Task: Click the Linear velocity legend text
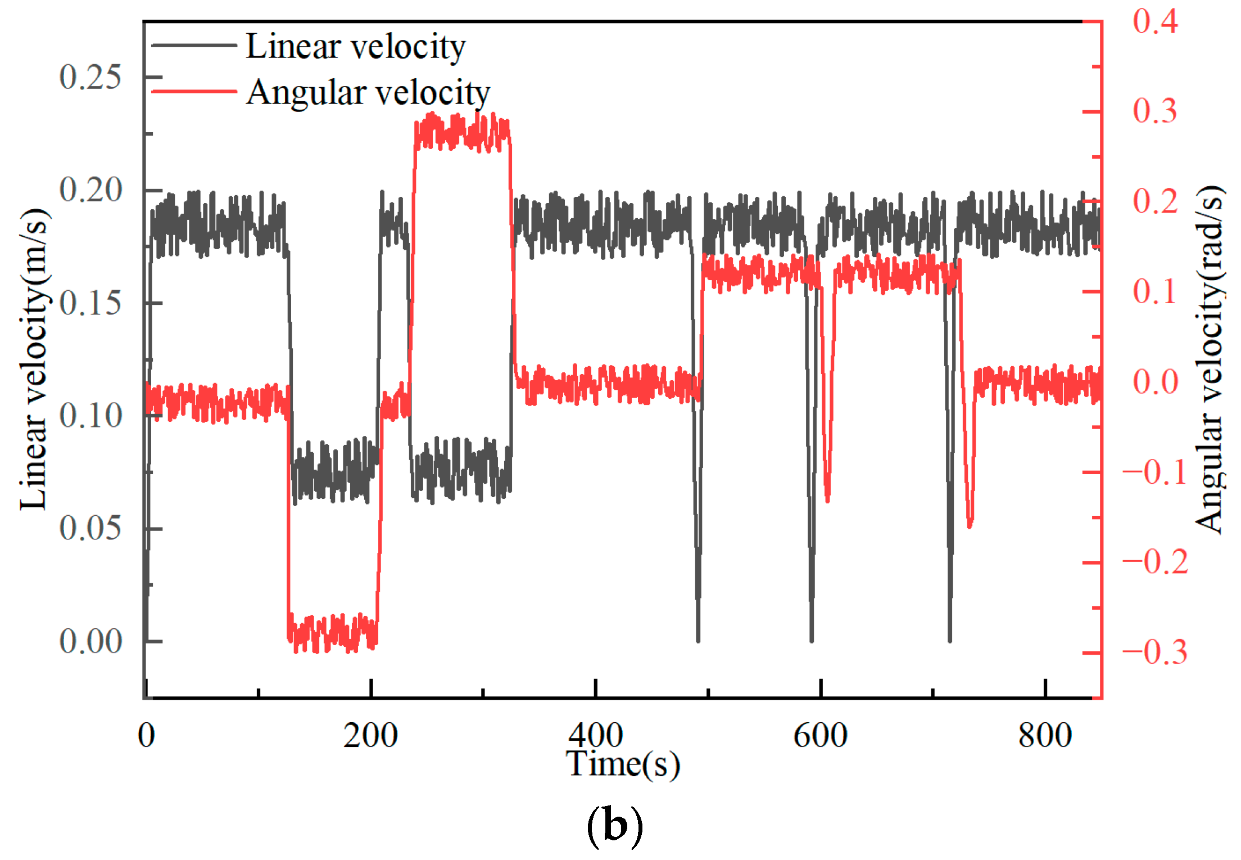tap(355, 46)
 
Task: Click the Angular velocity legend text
tap(368, 92)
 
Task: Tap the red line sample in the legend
tap(194, 91)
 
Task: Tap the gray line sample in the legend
tap(194, 45)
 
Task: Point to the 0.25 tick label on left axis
tap(90, 77)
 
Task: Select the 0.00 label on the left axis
tap(90, 641)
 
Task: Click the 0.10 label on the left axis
tap(90, 416)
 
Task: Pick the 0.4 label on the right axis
tap(1155, 21)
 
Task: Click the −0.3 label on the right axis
tap(1155, 652)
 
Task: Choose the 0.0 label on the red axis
tap(1155, 382)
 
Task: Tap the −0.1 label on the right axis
tap(1155, 472)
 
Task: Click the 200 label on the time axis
tap(370, 735)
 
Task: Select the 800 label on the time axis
tap(1045, 735)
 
